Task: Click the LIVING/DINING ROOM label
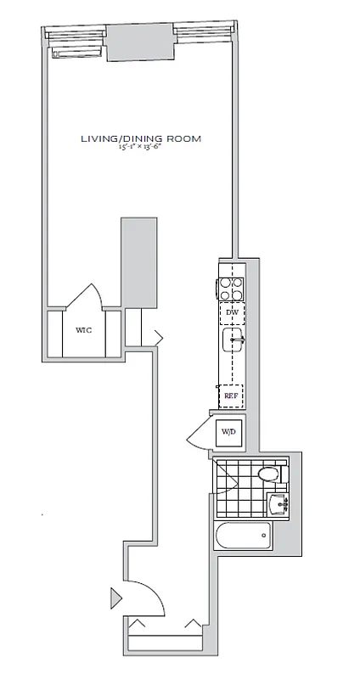[x=141, y=137]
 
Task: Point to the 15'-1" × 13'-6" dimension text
[x=141, y=148]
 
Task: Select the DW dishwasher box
[x=231, y=313]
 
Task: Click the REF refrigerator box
[x=231, y=395]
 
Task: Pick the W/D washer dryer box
[x=228, y=433]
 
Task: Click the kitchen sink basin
[x=233, y=341]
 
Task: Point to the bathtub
[x=244, y=535]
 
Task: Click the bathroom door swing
[x=222, y=480]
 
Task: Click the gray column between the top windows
[x=139, y=41]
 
